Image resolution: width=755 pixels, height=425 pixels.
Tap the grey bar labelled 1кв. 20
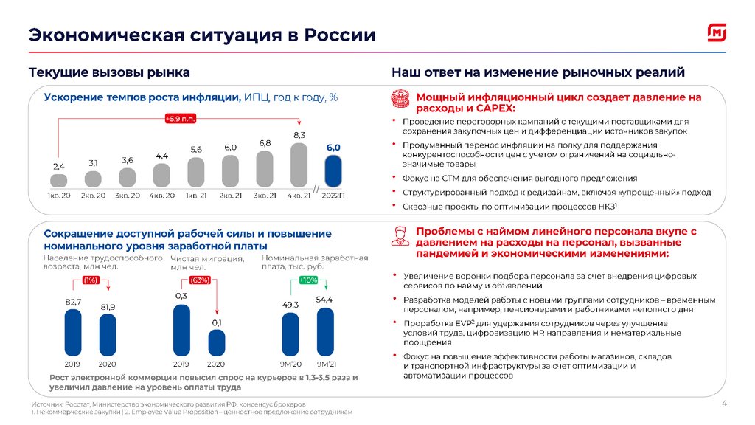point(58,180)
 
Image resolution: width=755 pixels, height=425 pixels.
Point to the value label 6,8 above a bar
point(265,142)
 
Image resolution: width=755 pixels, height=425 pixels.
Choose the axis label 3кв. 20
point(128,195)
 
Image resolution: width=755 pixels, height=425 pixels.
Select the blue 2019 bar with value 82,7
point(73,333)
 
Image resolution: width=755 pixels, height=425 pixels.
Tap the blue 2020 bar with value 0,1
point(216,344)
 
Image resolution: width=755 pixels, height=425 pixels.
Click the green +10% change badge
point(307,280)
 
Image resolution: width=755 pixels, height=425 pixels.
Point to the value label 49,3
point(290,305)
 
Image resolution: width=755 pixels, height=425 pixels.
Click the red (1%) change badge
point(91,280)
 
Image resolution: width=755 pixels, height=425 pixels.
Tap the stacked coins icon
point(399,100)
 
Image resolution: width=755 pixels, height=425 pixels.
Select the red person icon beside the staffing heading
point(399,237)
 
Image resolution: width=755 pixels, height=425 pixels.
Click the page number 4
point(723,403)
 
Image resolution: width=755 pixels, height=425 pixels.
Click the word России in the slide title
point(340,35)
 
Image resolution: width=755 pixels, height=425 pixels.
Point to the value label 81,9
point(108,306)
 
